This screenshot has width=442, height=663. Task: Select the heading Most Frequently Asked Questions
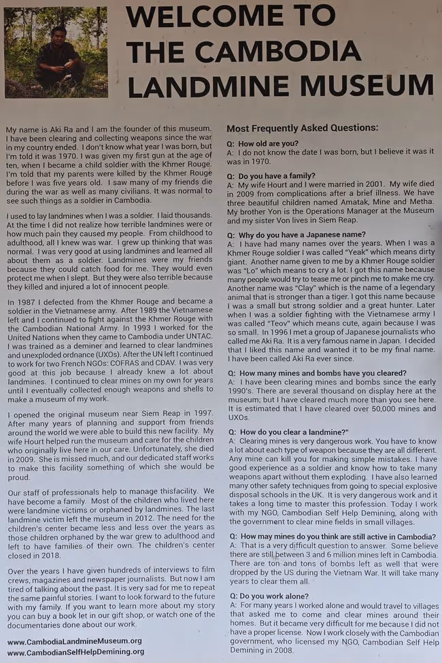302,128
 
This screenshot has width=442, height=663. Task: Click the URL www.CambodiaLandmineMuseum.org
74,641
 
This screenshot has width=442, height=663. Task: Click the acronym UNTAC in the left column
203,337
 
